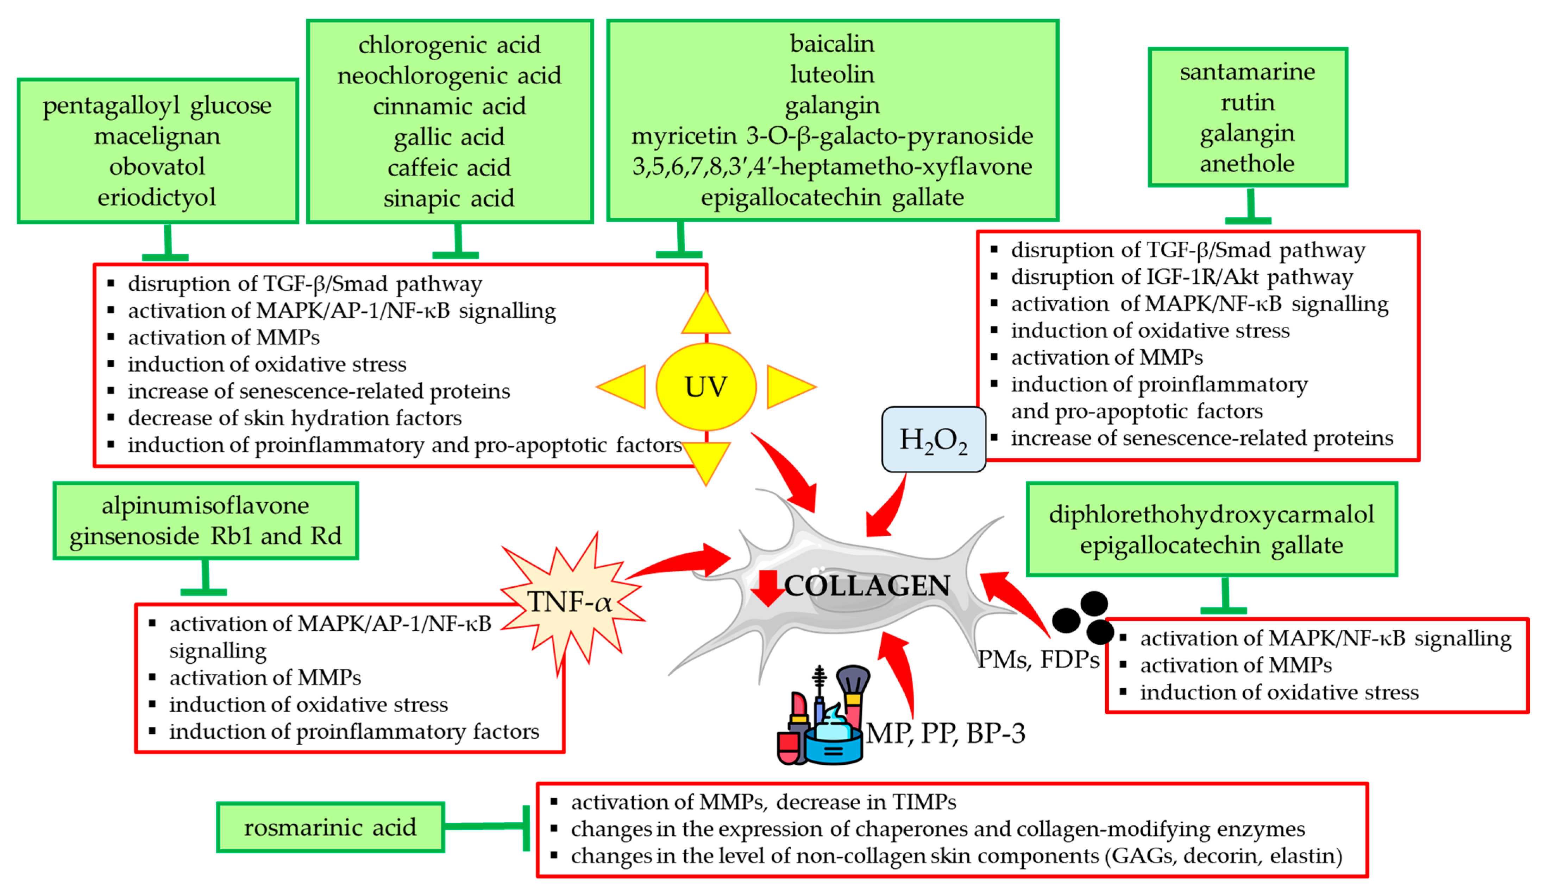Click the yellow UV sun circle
pyautogui.click(x=706, y=387)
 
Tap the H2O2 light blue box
pyautogui.click(x=933, y=439)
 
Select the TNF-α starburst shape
pyautogui.click(x=570, y=602)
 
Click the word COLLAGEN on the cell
pyautogui.click(x=867, y=586)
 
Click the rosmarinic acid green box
pyautogui.click(x=331, y=827)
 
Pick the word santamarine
pyautogui.click(x=1247, y=72)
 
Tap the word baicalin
pyautogui.click(x=832, y=44)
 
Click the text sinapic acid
pyautogui.click(x=449, y=198)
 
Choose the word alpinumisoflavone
pyautogui.click(x=205, y=505)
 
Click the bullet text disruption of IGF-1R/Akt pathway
pyautogui.click(x=1181, y=277)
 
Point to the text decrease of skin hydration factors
pyautogui.click(x=294, y=418)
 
